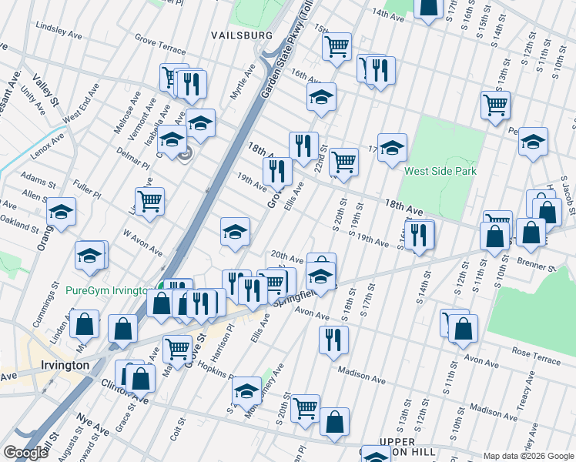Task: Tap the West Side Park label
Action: [x=440, y=172]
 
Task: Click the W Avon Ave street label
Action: [x=142, y=240]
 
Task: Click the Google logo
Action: [x=25, y=453]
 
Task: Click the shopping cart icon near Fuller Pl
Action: [x=149, y=201]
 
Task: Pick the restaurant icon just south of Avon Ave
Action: [x=333, y=339]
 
